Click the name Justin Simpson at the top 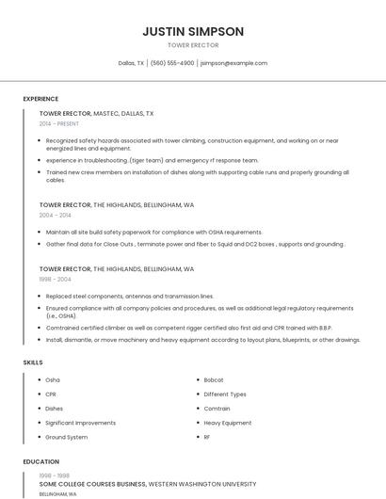(x=193, y=31)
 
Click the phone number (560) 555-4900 (x=172, y=63)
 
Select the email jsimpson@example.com (x=233, y=63)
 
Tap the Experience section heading (x=40, y=99)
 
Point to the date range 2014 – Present (x=59, y=123)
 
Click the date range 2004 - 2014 (x=55, y=215)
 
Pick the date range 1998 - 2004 (x=55, y=279)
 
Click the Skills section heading (x=33, y=362)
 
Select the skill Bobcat (x=214, y=380)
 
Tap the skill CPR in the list (x=51, y=394)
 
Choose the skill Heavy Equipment (x=228, y=423)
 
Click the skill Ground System (x=67, y=437)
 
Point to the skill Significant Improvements (x=81, y=423)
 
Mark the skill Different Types (x=225, y=394)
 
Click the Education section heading (x=40, y=462)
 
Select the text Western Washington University (x=202, y=484)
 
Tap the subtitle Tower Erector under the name (x=193, y=45)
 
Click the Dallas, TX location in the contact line (x=131, y=63)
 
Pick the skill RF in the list (x=207, y=437)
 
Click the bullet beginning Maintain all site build (x=154, y=232)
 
